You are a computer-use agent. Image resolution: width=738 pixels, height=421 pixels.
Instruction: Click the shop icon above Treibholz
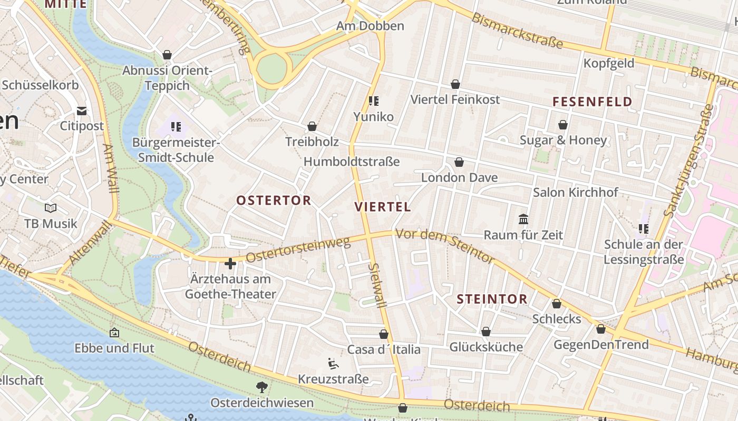coord(312,126)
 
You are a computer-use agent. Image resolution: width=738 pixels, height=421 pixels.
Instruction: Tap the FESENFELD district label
coord(592,102)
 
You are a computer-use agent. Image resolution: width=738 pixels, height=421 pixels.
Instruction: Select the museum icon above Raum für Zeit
coord(523,219)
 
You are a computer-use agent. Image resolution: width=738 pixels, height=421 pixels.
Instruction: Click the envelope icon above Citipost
coord(81,111)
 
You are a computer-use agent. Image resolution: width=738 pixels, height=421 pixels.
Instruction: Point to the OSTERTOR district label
coord(274,201)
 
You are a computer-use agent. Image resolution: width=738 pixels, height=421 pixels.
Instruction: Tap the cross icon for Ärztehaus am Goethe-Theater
coord(230,263)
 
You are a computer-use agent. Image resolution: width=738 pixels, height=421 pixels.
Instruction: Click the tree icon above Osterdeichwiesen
coord(261,388)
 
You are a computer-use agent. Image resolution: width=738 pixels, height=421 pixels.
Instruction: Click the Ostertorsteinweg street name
coord(298,249)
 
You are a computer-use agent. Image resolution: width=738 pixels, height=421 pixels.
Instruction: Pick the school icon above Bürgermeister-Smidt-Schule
coord(176,126)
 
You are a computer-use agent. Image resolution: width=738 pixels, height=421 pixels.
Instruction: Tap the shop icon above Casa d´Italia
coord(384,334)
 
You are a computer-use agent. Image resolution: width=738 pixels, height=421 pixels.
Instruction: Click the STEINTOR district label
coord(492,299)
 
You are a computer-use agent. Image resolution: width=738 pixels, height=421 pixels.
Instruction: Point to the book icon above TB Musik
coord(51,208)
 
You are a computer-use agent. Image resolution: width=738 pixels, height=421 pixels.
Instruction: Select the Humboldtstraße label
coord(352,162)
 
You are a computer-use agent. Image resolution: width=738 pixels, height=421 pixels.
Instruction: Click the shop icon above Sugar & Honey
coord(563,125)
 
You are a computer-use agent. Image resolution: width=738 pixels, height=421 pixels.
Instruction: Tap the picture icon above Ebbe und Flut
coord(114,333)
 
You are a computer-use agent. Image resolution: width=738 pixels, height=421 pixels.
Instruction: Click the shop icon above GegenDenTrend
coord(601,329)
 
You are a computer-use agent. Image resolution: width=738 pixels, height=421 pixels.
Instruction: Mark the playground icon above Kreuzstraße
coord(333,363)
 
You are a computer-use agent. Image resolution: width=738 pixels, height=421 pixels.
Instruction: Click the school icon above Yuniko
coord(374,101)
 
